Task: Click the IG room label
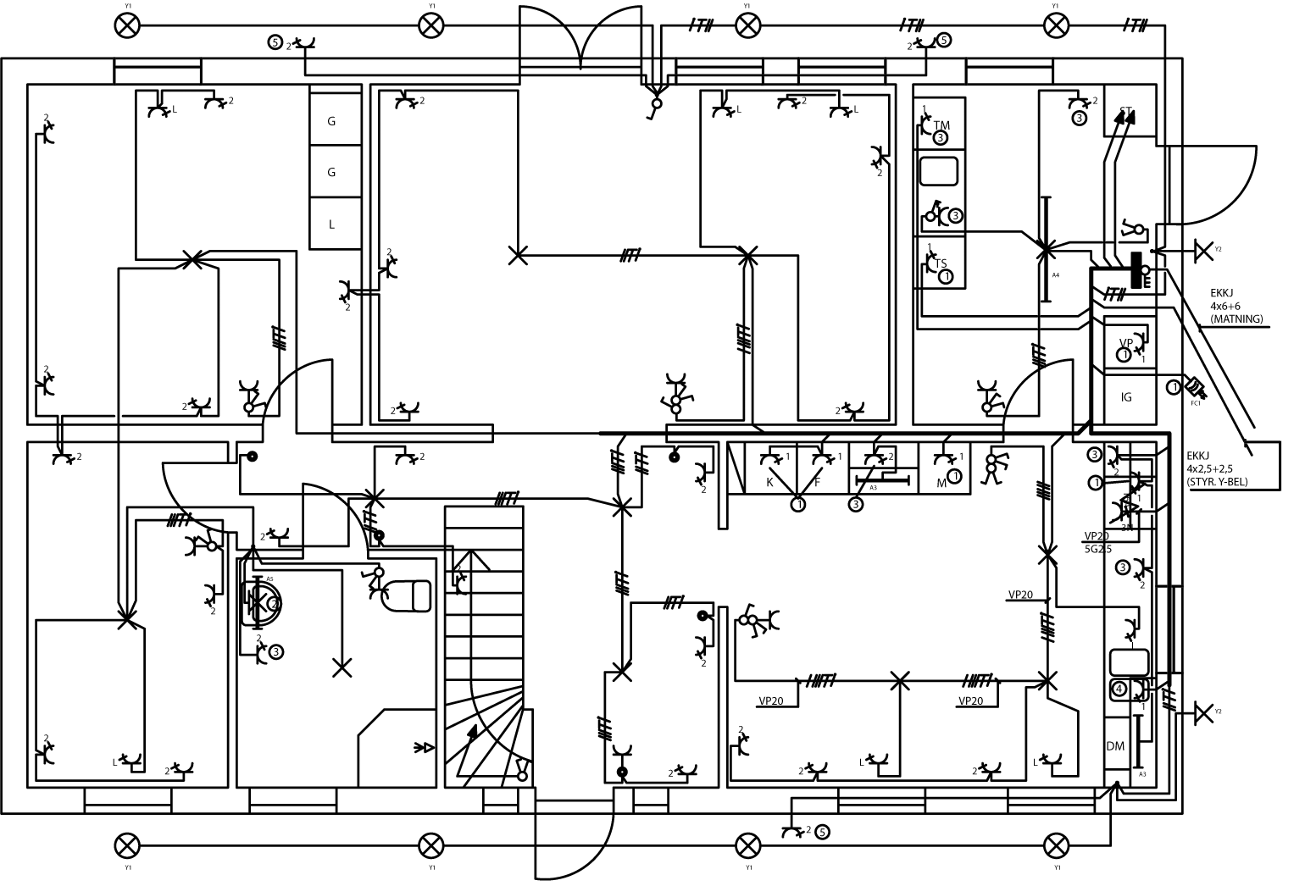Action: coord(1126,397)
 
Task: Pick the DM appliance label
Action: coord(1115,746)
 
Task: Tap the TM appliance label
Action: coord(941,125)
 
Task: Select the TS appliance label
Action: coord(941,263)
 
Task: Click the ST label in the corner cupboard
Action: coord(1125,111)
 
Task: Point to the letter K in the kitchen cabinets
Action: coord(770,482)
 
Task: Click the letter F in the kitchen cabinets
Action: coord(818,482)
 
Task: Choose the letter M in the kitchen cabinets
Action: coord(941,482)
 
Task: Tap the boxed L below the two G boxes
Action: coord(331,224)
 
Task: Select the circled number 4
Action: coord(1119,689)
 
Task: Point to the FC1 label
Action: coord(1196,403)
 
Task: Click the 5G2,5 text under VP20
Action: coord(1099,550)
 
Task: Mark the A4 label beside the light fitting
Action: coord(1056,276)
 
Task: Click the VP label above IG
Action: coord(1125,343)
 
